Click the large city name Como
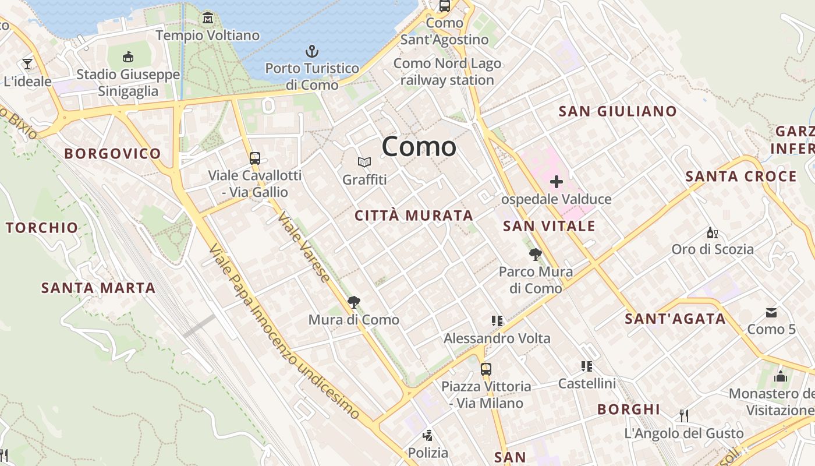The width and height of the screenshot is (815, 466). click(419, 146)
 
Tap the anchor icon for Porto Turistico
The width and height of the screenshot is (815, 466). click(312, 51)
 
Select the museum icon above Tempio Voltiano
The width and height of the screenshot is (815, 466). click(208, 18)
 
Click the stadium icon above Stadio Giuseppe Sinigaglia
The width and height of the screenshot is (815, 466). click(128, 57)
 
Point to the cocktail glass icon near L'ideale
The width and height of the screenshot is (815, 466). click(27, 63)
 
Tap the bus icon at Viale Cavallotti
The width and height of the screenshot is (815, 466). click(254, 158)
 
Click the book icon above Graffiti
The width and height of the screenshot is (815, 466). click(364, 162)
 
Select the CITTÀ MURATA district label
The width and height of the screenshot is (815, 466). click(414, 216)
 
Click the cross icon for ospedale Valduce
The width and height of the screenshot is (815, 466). click(557, 182)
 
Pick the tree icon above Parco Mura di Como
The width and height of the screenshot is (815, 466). click(536, 254)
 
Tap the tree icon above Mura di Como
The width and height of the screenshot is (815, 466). click(353, 302)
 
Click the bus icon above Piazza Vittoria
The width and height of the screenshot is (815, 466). click(486, 369)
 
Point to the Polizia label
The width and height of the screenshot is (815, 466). click(428, 453)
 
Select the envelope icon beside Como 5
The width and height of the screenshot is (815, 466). click(771, 313)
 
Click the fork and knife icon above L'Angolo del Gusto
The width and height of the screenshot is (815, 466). click(684, 415)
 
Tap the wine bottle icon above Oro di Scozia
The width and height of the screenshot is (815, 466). click(712, 233)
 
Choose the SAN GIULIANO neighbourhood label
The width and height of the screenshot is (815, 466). click(618, 111)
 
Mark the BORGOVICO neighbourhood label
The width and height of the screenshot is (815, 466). click(112, 154)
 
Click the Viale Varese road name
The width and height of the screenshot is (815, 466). click(304, 247)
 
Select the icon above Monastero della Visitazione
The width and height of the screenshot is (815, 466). click(781, 376)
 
